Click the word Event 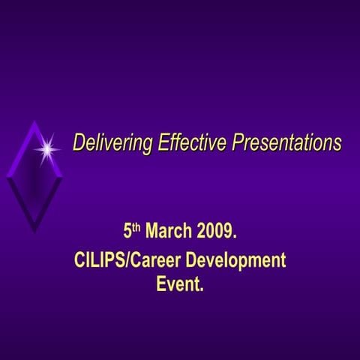[178, 285]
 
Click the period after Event [202, 291]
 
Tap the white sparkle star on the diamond [47, 149]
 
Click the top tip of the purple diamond [35, 121]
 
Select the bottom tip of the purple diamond [34, 232]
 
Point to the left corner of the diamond [7, 177]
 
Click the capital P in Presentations [238, 142]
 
